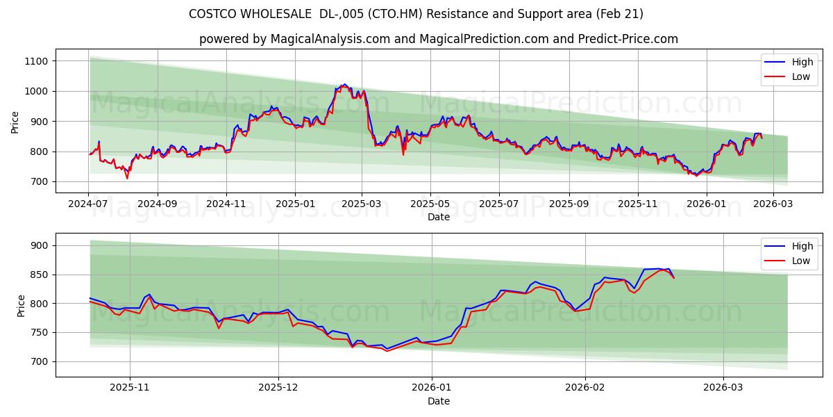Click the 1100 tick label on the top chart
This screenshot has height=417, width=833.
(35, 61)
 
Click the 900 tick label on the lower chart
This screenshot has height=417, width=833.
(38, 245)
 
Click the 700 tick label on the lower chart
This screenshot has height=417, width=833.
(38, 361)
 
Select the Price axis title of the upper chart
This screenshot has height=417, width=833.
(15, 122)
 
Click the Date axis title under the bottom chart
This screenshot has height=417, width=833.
(438, 401)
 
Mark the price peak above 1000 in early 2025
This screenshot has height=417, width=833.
(344, 85)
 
